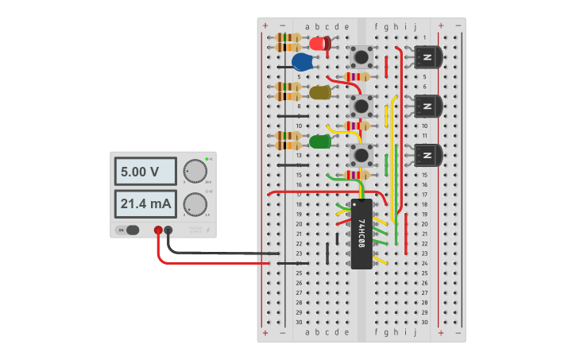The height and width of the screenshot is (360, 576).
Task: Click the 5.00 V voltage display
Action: point(147,172)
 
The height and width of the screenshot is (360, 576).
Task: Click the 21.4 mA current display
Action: point(147,204)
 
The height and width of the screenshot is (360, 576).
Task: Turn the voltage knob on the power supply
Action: point(194,171)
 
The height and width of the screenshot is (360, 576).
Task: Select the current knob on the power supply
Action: point(194,204)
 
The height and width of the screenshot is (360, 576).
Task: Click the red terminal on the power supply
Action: point(158,230)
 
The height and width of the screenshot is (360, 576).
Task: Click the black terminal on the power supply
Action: point(168,230)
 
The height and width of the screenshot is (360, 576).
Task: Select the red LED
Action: point(320,44)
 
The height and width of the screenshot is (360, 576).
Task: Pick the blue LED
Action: point(303,62)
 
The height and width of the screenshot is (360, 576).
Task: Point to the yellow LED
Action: point(320,92)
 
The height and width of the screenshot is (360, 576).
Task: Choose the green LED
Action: point(320,141)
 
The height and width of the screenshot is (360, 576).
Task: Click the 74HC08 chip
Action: point(361,234)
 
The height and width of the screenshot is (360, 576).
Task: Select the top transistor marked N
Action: point(427,57)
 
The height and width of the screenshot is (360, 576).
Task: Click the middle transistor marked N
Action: point(427,106)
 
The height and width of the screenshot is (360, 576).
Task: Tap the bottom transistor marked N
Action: point(427,155)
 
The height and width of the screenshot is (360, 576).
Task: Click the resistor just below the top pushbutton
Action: point(357,77)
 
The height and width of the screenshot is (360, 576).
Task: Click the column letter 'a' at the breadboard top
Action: point(307,27)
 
